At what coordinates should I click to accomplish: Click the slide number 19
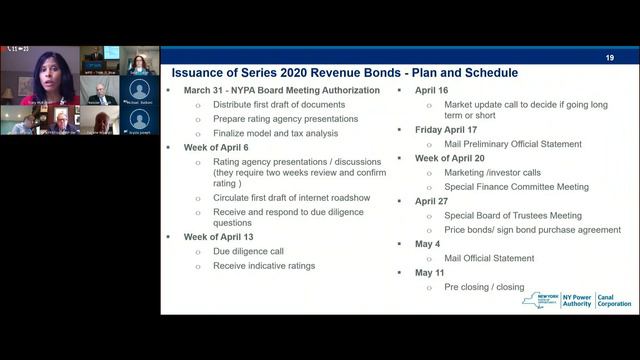point(609,58)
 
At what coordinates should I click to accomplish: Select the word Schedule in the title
point(485,73)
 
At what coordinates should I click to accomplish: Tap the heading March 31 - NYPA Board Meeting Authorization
point(281,90)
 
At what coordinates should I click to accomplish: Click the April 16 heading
point(431,90)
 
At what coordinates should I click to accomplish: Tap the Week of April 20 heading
point(463,158)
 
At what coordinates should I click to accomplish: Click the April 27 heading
point(431,201)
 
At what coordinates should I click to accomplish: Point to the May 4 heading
point(427,244)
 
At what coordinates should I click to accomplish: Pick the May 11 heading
point(430,273)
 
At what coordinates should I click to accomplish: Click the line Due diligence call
point(248,251)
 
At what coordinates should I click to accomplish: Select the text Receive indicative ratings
point(264,266)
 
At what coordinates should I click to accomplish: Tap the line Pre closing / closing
point(484,287)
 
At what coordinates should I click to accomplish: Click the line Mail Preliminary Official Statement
point(513,144)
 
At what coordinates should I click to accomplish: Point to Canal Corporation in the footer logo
point(613,300)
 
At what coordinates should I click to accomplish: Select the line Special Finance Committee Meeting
point(516,187)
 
